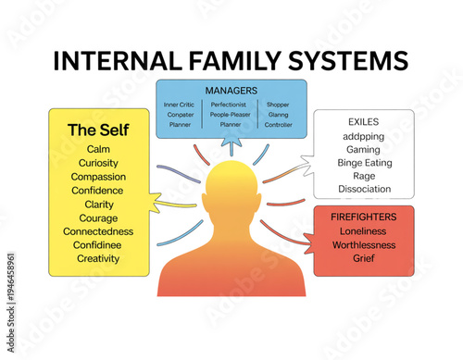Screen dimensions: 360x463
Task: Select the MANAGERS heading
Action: point(230,91)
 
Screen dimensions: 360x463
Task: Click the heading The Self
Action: point(97,130)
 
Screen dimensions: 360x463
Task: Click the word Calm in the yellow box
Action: point(98,149)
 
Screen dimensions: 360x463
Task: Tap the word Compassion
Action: point(98,177)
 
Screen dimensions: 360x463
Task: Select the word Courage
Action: point(98,217)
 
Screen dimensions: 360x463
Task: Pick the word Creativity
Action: point(98,258)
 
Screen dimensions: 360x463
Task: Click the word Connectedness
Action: point(98,231)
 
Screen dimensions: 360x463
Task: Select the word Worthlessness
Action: point(363,244)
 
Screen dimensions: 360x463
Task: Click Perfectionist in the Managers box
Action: point(228,105)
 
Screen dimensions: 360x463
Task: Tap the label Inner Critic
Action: point(179,105)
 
